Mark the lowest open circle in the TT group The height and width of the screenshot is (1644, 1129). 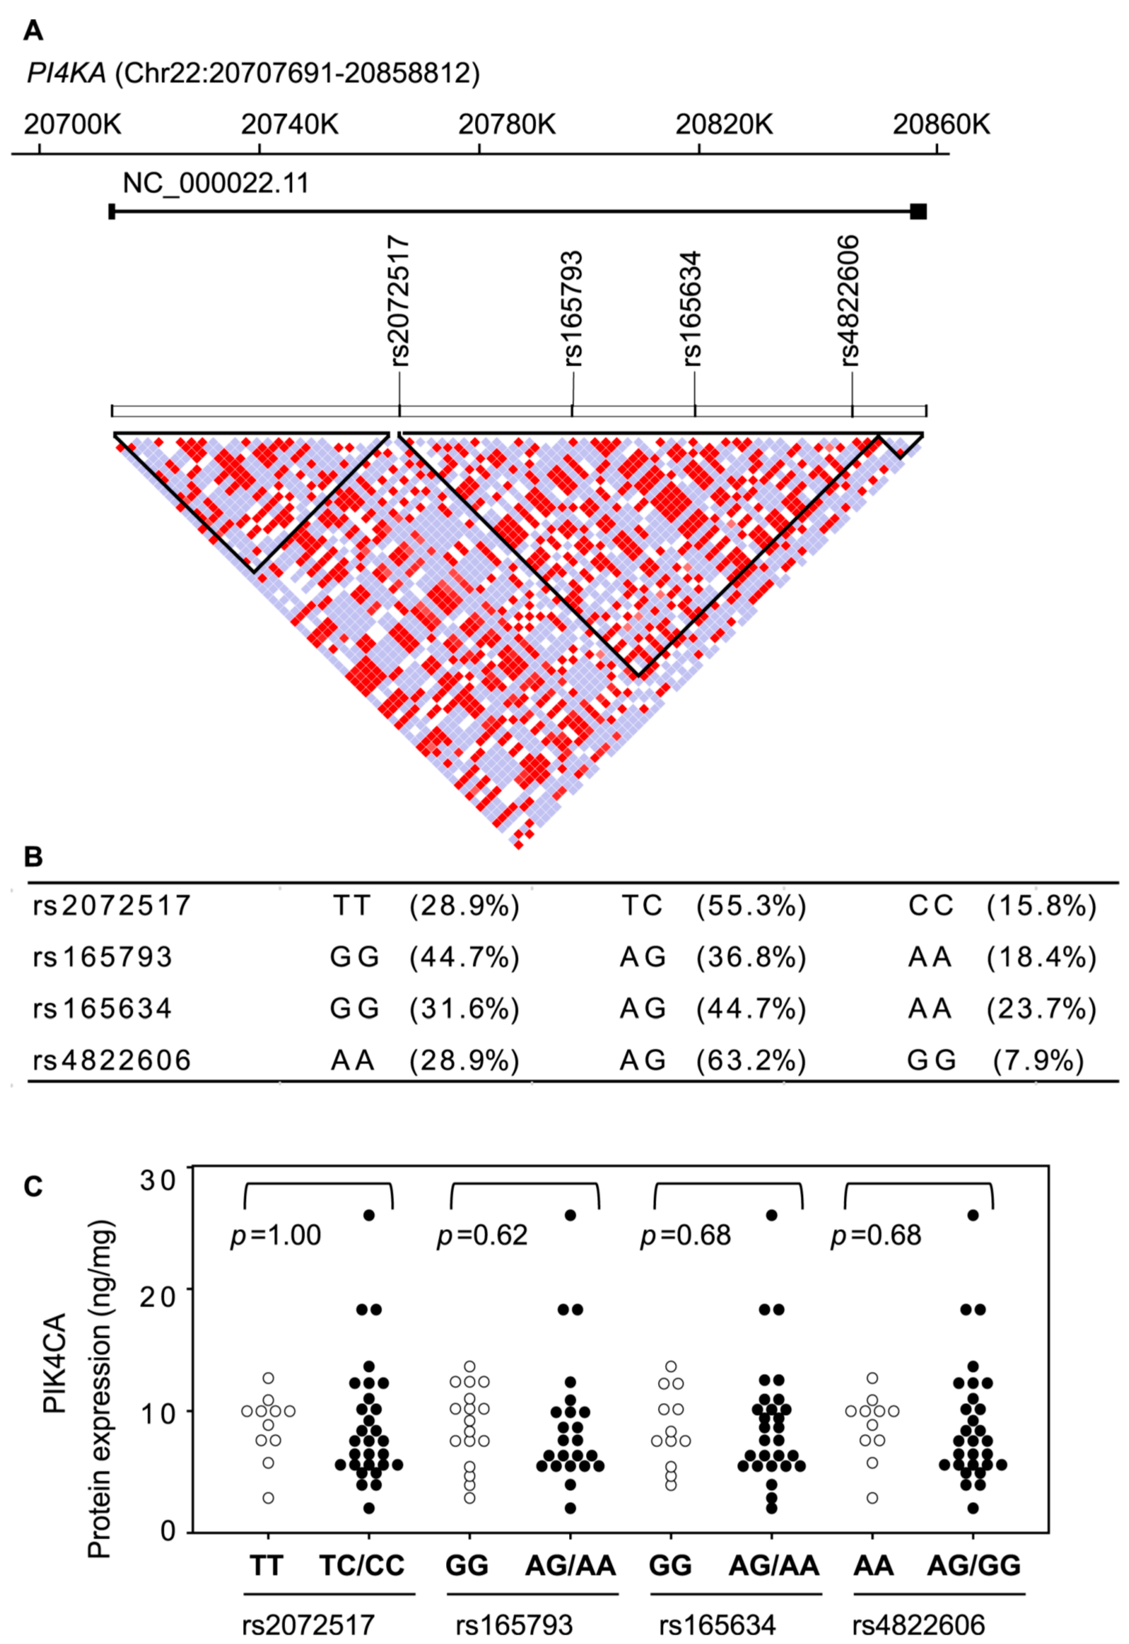coord(268,1498)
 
